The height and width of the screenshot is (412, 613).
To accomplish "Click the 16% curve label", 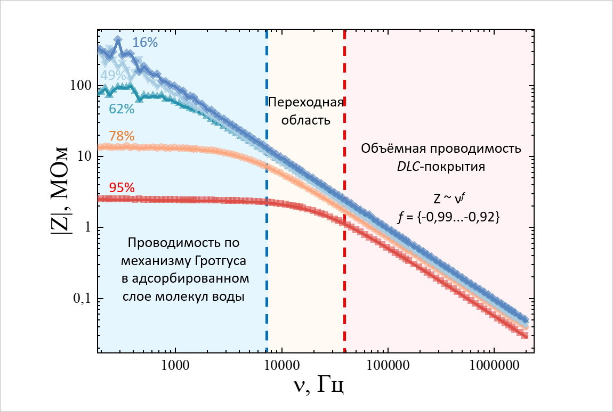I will click(146, 43).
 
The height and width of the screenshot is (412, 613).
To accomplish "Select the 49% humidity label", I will click(113, 75).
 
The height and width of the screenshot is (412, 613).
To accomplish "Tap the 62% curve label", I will click(121, 109).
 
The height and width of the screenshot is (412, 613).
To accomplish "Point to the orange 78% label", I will click(121, 136).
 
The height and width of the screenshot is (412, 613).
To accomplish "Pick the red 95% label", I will click(121, 187).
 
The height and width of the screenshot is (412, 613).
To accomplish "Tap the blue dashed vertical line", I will click(267, 240).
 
